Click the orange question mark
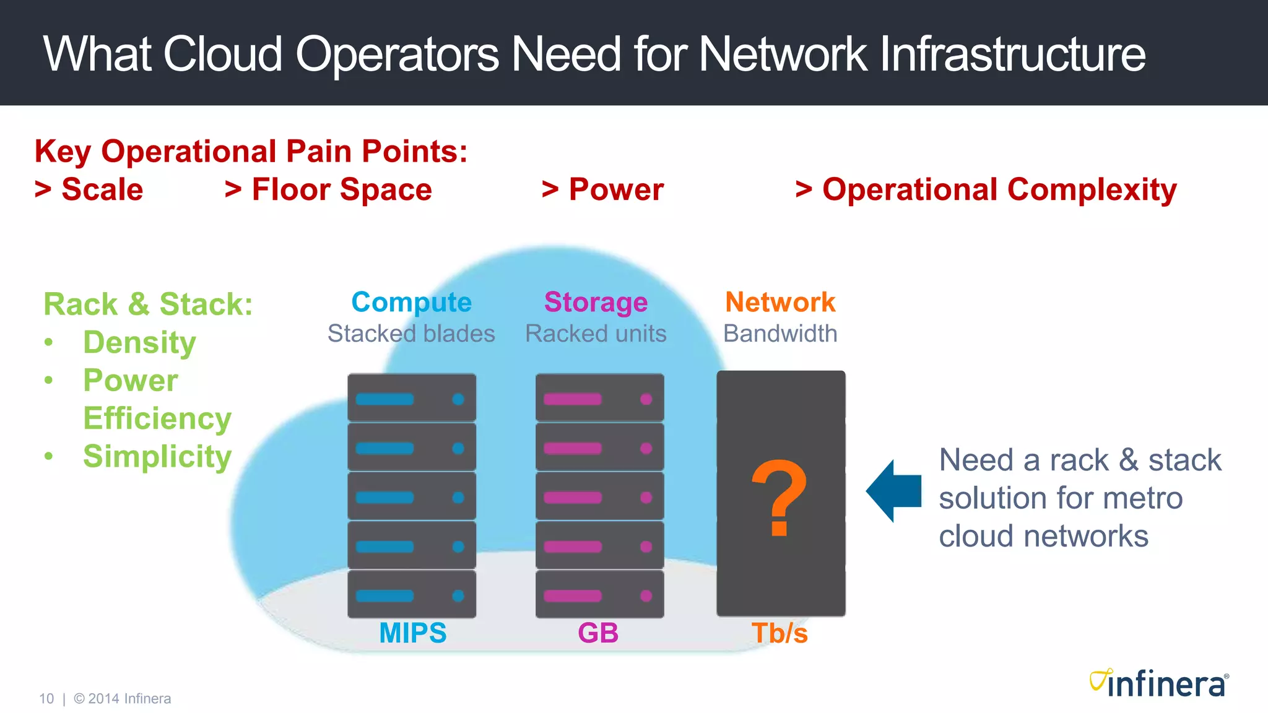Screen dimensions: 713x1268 pyautogui.click(x=779, y=498)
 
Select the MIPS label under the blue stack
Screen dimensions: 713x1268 pyautogui.click(x=412, y=633)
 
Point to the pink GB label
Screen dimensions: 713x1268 pyautogui.click(x=598, y=633)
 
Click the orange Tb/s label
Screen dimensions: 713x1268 pyautogui.click(x=779, y=633)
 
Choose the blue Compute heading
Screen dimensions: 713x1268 pyautogui.click(x=411, y=302)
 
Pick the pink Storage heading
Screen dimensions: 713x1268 pyautogui.click(x=596, y=302)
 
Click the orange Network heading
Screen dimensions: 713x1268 pyautogui.click(x=780, y=302)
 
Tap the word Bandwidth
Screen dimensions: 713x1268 pyautogui.click(x=780, y=334)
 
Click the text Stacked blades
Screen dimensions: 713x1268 pyautogui.click(x=411, y=334)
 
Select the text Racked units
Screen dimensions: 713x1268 pyautogui.click(x=596, y=334)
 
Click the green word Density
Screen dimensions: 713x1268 pyautogui.click(x=139, y=342)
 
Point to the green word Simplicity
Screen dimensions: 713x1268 pyautogui.click(x=157, y=457)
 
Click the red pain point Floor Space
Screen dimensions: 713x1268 pyautogui.click(x=341, y=189)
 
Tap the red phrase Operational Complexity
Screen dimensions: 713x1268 pyautogui.click(x=999, y=189)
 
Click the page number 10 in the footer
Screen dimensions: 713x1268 pyautogui.click(x=46, y=699)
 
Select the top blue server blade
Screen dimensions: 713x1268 pyautogui.click(x=412, y=398)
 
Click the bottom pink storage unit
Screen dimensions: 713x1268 pyautogui.click(x=599, y=595)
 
